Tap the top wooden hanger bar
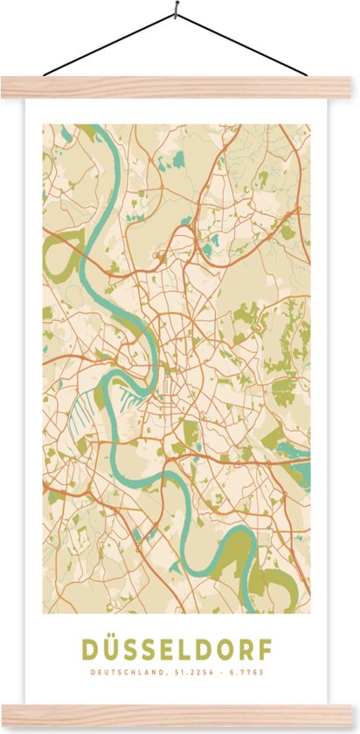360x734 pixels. [x=180, y=86]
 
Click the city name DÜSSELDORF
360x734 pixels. [x=177, y=649]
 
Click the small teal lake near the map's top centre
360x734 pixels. [x=178, y=160]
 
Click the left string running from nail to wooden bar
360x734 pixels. [x=109, y=45]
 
